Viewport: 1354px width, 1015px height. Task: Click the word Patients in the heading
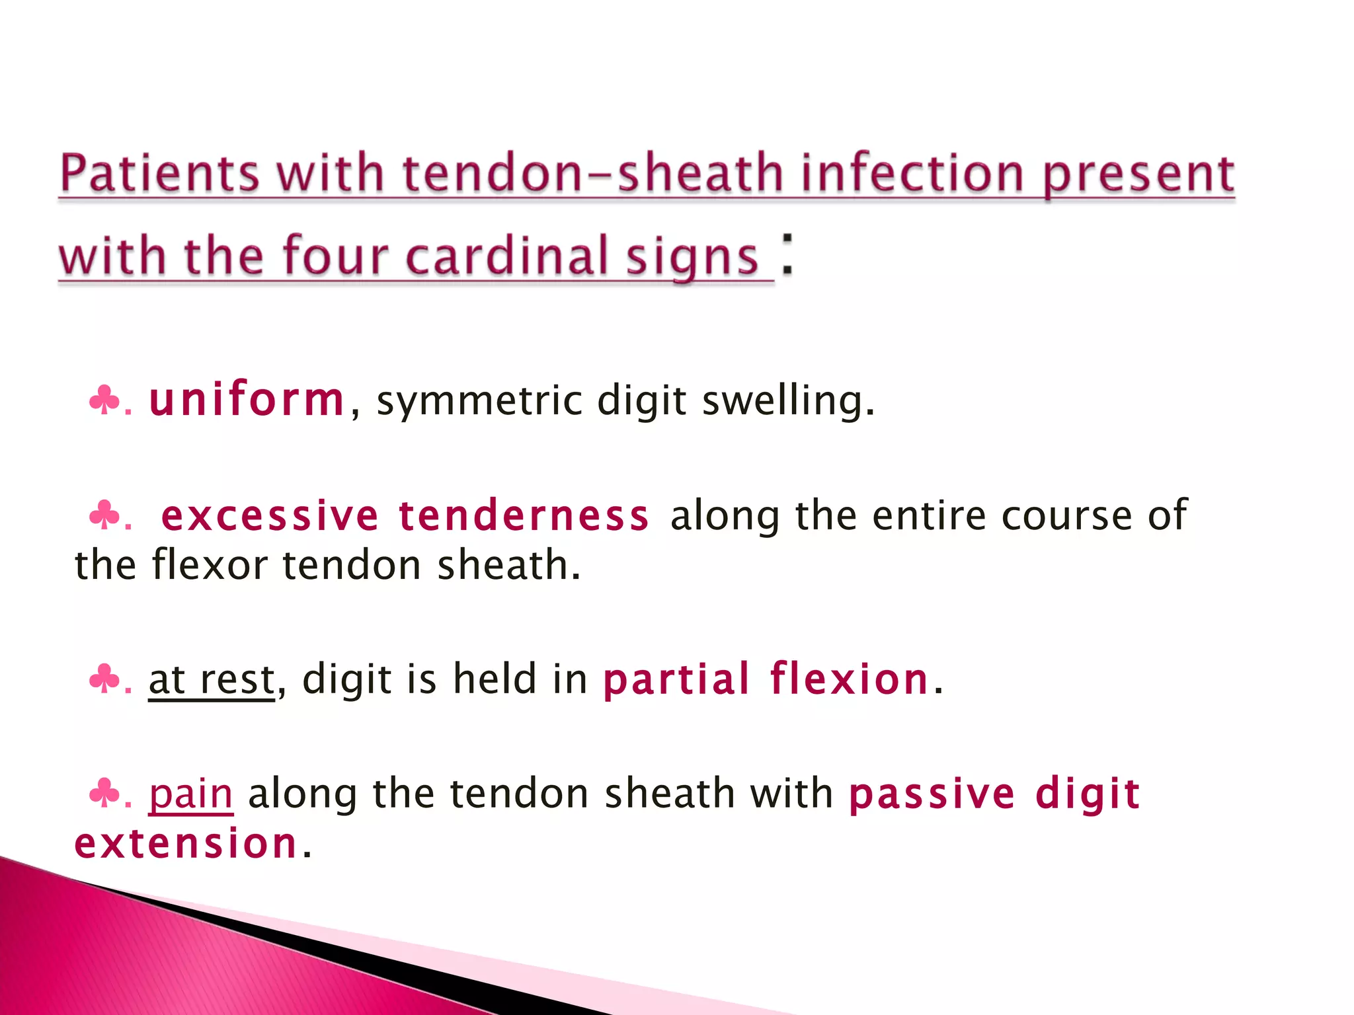[x=159, y=173]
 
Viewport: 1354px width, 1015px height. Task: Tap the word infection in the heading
[x=912, y=173]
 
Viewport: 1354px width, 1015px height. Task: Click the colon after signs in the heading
[x=787, y=254]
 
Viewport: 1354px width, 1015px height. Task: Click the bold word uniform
[x=247, y=400]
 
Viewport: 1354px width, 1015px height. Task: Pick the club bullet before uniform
[x=104, y=400]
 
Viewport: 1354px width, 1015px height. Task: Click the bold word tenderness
[x=524, y=516]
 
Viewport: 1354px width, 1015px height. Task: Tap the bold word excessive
[x=270, y=516]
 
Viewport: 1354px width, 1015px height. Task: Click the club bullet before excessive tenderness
[x=104, y=515]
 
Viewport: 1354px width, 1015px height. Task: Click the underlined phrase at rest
[x=212, y=679]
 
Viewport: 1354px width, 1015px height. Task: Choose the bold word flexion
[x=850, y=679]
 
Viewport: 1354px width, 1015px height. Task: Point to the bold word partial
[x=676, y=679]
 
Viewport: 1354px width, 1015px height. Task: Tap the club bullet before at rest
[x=104, y=679]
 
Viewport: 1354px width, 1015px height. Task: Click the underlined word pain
[x=190, y=794]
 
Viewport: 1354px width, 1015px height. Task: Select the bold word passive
[x=932, y=794]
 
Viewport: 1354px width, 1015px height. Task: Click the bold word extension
[x=186, y=844]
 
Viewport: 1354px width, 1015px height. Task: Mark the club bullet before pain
[x=104, y=793]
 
